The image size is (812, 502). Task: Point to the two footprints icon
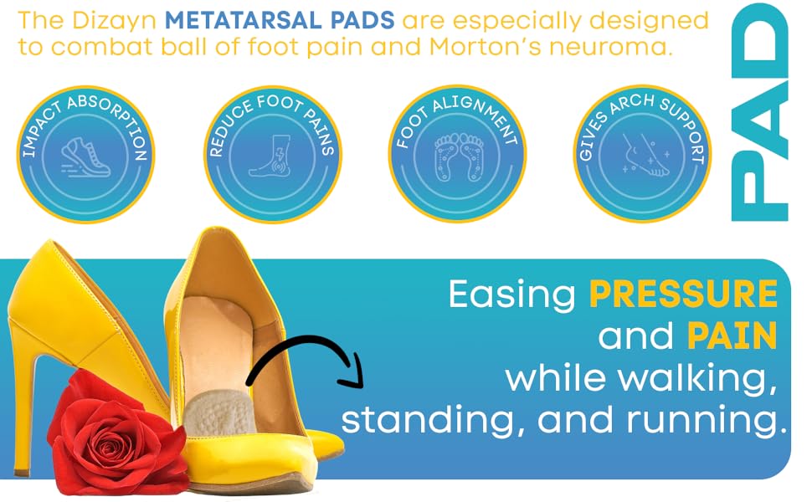coord(458,159)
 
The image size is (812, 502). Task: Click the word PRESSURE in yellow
coord(683,295)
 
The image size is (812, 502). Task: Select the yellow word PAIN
coord(732,336)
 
